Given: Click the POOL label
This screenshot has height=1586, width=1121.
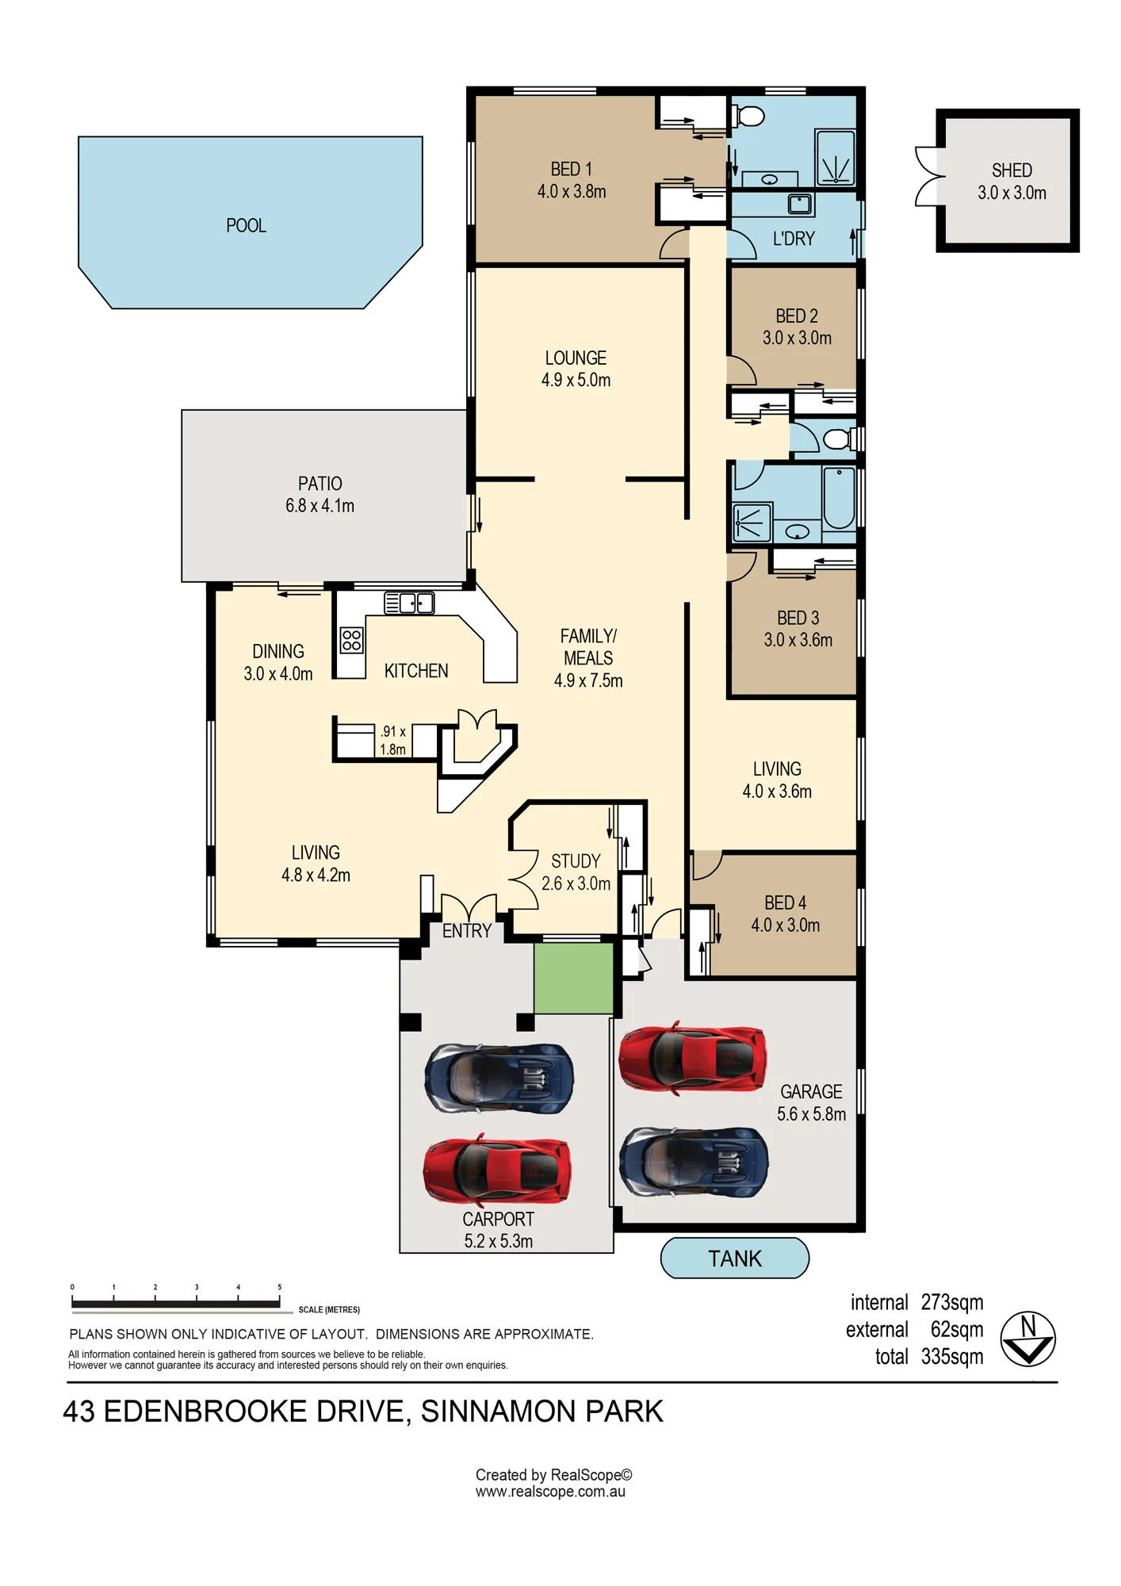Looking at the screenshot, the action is (246, 226).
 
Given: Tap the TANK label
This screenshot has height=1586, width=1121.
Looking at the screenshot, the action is (735, 1258).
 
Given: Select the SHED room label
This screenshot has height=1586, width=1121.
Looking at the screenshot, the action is (1012, 170).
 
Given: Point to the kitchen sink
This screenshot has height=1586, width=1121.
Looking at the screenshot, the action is (409, 603).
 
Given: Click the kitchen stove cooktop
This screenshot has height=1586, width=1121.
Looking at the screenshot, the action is (352, 640).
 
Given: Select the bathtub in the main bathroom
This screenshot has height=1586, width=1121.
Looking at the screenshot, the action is (839, 499).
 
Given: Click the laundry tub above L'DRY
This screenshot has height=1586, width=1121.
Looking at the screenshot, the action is (800, 203).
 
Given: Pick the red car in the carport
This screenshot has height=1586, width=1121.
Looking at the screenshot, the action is (497, 1172).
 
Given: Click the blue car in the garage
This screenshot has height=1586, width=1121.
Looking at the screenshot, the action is (694, 1163).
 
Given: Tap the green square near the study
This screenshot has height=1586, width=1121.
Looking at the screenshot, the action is (573, 978).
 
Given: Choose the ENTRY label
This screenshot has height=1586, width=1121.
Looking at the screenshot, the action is (467, 931).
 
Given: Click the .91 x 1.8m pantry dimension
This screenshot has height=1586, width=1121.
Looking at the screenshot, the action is (392, 741).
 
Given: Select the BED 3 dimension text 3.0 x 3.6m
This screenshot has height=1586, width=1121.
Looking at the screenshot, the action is (798, 640).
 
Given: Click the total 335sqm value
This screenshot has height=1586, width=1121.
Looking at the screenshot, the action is (952, 1357).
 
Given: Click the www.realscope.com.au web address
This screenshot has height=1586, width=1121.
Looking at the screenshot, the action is (550, 1492).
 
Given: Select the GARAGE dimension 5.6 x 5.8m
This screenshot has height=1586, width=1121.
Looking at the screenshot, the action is (811, 1114).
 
